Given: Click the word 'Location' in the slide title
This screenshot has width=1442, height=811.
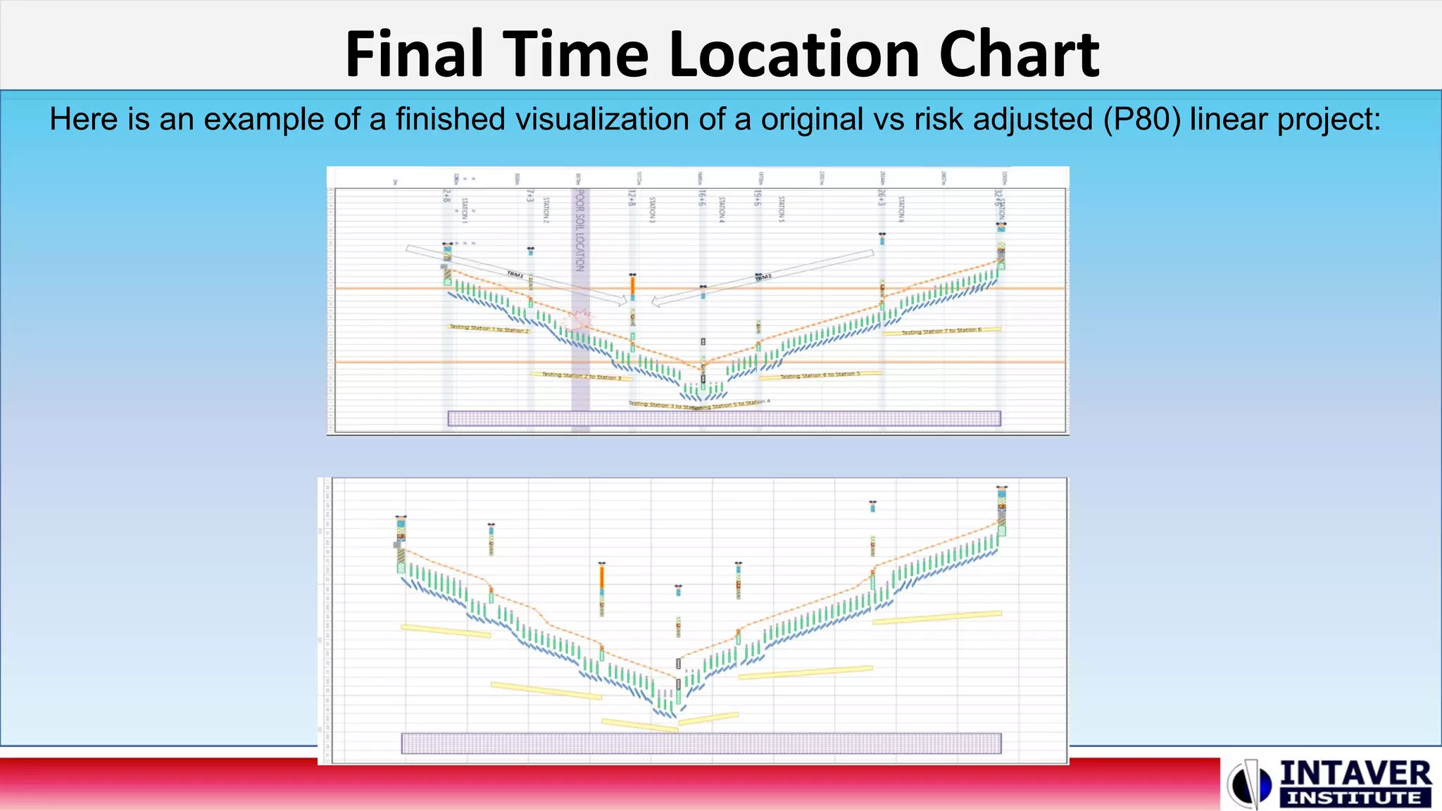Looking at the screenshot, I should point(794,55).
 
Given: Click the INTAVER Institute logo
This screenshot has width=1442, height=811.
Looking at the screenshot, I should point(1329,783).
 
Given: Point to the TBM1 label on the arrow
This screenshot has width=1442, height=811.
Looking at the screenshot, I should point(516,274).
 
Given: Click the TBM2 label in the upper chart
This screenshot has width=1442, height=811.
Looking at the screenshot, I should point(763,277).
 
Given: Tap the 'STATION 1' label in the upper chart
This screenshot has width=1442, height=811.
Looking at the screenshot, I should point(465,210).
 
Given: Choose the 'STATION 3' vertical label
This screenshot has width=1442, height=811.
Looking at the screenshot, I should point(652,210).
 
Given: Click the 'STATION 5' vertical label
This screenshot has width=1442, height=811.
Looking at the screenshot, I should point(782,210).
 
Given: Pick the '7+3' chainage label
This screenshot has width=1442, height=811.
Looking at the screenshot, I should point(530,196).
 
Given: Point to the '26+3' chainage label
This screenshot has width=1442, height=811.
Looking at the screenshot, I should point(882,197).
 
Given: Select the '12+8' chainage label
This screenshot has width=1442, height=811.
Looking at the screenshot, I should point(632,197).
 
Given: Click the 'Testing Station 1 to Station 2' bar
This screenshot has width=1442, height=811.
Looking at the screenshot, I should point(489,329).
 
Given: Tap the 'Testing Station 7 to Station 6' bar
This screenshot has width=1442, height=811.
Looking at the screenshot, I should point(941,331).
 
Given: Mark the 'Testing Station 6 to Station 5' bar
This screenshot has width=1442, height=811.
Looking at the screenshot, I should point(820,375).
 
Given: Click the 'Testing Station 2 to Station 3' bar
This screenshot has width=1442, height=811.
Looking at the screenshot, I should point(582,376).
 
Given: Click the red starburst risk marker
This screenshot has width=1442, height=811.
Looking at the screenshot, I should point(580,320).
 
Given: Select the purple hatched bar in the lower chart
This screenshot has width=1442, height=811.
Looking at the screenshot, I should point(701,743).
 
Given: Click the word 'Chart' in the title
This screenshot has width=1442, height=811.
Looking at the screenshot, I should point(1018,55).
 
